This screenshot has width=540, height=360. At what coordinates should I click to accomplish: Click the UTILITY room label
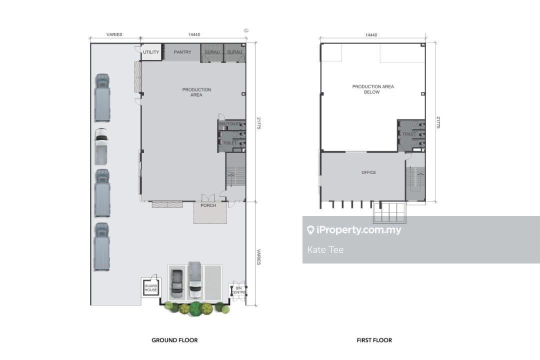pyautogui.click(x=151, y=52)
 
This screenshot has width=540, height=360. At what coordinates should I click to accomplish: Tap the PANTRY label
pyautogui.click(x=182, y=52)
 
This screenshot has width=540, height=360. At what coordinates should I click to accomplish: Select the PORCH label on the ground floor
pyautogui.click(x=208, y=205)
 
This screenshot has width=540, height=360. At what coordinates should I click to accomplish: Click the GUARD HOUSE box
pyautogui.click(x=151, y=287)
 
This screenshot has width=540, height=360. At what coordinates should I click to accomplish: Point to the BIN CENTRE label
pyautogui.click(x=238, y=290)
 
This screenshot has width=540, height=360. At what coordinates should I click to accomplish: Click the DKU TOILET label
pyautogui.click(x=229, y=123)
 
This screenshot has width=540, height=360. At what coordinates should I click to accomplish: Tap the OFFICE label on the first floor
pyautogui.click(x=369, y=172)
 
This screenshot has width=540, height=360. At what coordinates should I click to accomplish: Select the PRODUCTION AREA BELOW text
pyautogui.click(x=373, y=89)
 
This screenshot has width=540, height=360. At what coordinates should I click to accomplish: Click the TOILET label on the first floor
pyautogui.click(x=409, y=134)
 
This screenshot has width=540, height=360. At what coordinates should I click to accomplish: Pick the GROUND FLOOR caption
pyautogui.click(x=174, y=340)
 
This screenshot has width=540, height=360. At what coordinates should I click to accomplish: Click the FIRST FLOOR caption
pyautogui.click(x=374, y=340)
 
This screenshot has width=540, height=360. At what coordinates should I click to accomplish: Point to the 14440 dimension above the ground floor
pyautogui.click(x=194, y=34)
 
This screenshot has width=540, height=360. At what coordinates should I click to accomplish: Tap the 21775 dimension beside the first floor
pyautogui.click(x=438, y=122)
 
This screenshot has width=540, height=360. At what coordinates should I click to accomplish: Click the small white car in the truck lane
pyautogui.click(x=101, y=146)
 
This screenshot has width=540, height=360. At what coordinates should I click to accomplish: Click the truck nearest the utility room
pyautogui.click(x=102, y=97)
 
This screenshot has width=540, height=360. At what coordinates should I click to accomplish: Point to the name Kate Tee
pyautogui.click(x=325, y=250)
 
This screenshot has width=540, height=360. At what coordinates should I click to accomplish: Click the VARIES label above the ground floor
pyautogui.click(x=114, y=34)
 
